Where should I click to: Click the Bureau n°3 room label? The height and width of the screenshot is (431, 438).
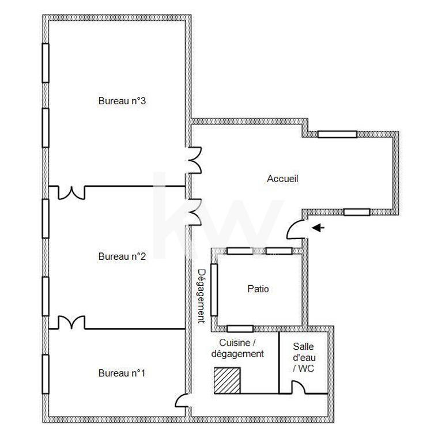122,101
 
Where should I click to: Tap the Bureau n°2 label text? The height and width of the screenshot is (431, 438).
122,256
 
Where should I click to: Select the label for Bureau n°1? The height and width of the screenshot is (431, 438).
122,373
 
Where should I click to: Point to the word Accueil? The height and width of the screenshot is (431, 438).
282,179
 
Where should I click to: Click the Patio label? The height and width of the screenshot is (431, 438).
258,289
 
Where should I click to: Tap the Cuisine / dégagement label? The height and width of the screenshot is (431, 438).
237,349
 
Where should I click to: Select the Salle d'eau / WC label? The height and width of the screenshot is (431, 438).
303,358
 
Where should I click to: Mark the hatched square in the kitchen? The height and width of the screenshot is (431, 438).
227,380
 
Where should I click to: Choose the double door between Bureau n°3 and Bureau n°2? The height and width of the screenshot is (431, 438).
71,192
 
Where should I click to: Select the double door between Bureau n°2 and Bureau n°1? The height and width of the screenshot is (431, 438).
71,323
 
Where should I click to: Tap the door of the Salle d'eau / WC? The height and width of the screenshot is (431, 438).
299,388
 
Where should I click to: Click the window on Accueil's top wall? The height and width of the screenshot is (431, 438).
337,134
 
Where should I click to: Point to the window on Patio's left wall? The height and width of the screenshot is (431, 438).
214,289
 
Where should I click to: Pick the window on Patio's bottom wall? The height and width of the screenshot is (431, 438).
240,328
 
